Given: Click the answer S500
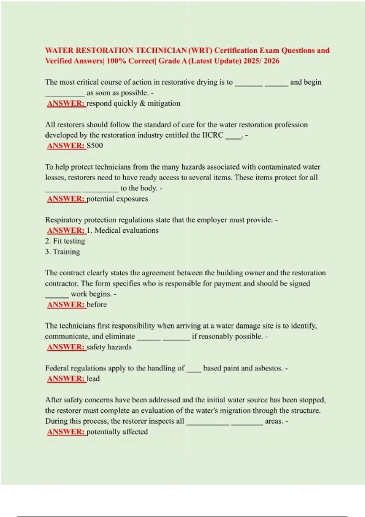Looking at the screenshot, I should pyautogui.click(x=95, y=146).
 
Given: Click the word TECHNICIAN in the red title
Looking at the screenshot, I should pyautogui.click(x=161, y=50).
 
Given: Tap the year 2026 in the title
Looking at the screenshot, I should pyautogui.click(x=272, y=61).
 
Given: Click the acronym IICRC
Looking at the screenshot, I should pyautogui.click(x=213, y=135).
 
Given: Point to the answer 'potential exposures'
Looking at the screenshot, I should pyautogui.click(x=117, y=199).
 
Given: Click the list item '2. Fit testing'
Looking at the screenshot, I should pyautogui.click(x=65, y=241).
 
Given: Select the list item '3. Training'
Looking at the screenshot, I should pyautogui.click(x=63, y=252).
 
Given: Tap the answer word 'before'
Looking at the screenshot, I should pyautogui.click(x=97, y=305).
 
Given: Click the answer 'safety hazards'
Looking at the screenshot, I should pyautogui.click(x=109, y=347).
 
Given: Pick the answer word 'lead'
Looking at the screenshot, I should pyautogui.click(x=93, y=379).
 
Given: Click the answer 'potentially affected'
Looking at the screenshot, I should pyautogui.click(x=117, y=432).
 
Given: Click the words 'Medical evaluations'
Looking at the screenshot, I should pyautogui.click(x=127, y=231).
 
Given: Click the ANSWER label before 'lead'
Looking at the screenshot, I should pyautogui.click(x=66, y=379).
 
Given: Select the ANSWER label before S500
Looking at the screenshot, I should pyautogui.click(x=66, y=146).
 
